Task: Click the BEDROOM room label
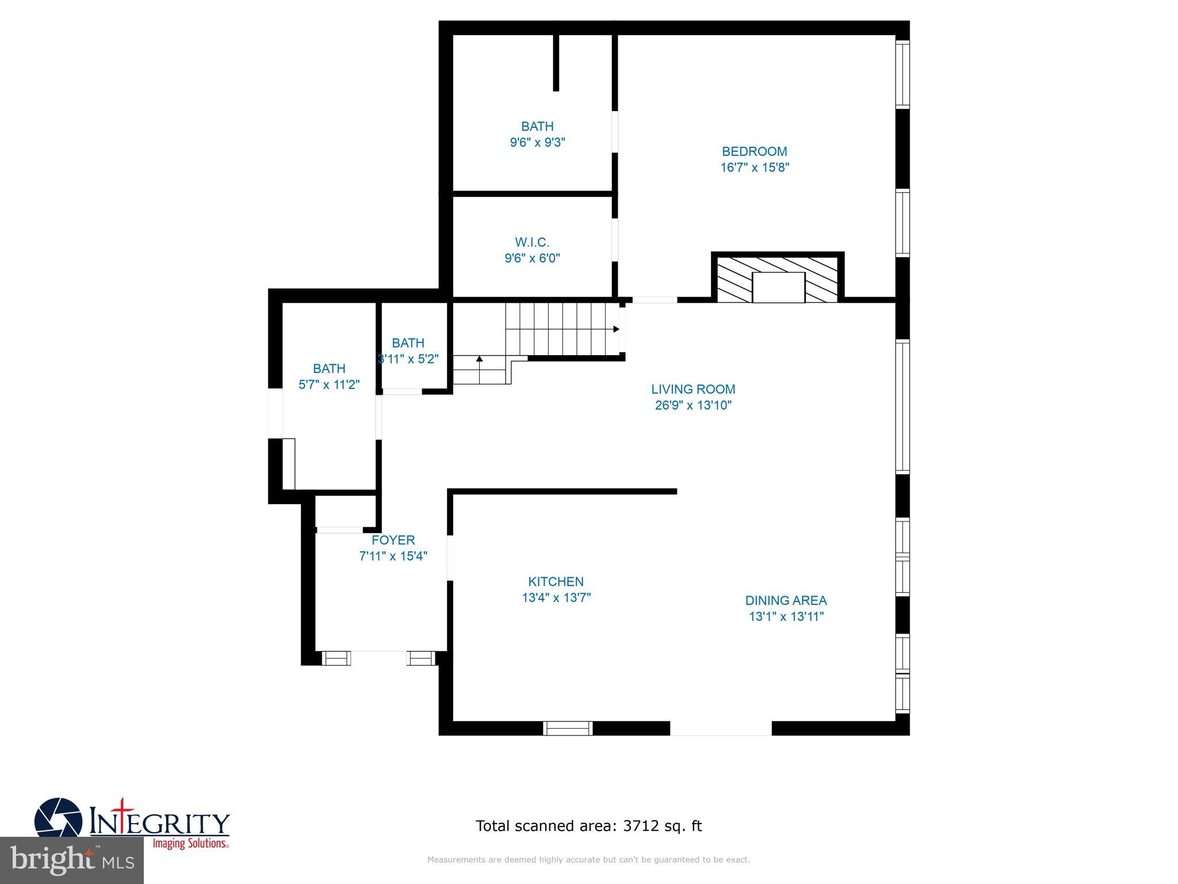pyautogui.click(x=754, y=151)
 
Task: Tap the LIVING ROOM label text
pyautogui.click(x=693, y=389)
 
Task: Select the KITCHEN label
pyautogui.click(x=556, y=581)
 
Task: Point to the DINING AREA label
pyautogui.click(x=786, y=600)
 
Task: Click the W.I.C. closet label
pyautogui.click(x=532, y=242)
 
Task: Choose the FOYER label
pyautogui.click(x=393, y=540)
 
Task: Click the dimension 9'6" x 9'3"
pyautogui.click(x=537, y=142)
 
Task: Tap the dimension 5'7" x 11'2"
pyautogui.click(x=329, y=384)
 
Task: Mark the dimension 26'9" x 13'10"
pyautogui.click(x=693, y=405)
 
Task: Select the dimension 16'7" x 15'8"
pyautogui.click(x=755, y=167)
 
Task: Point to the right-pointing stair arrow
pyautogui.click(x=615, y=329)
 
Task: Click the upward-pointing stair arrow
pyautogui.click(x=479, y=359)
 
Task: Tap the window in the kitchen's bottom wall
pyautogui.click(x=568, y=728)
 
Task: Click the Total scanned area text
pyautogui.click(x=588, y=826)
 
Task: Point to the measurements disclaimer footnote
pyautogui.click(x=588, y=860)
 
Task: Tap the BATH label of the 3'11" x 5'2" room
pyautogui.click(x=408, y=343)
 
